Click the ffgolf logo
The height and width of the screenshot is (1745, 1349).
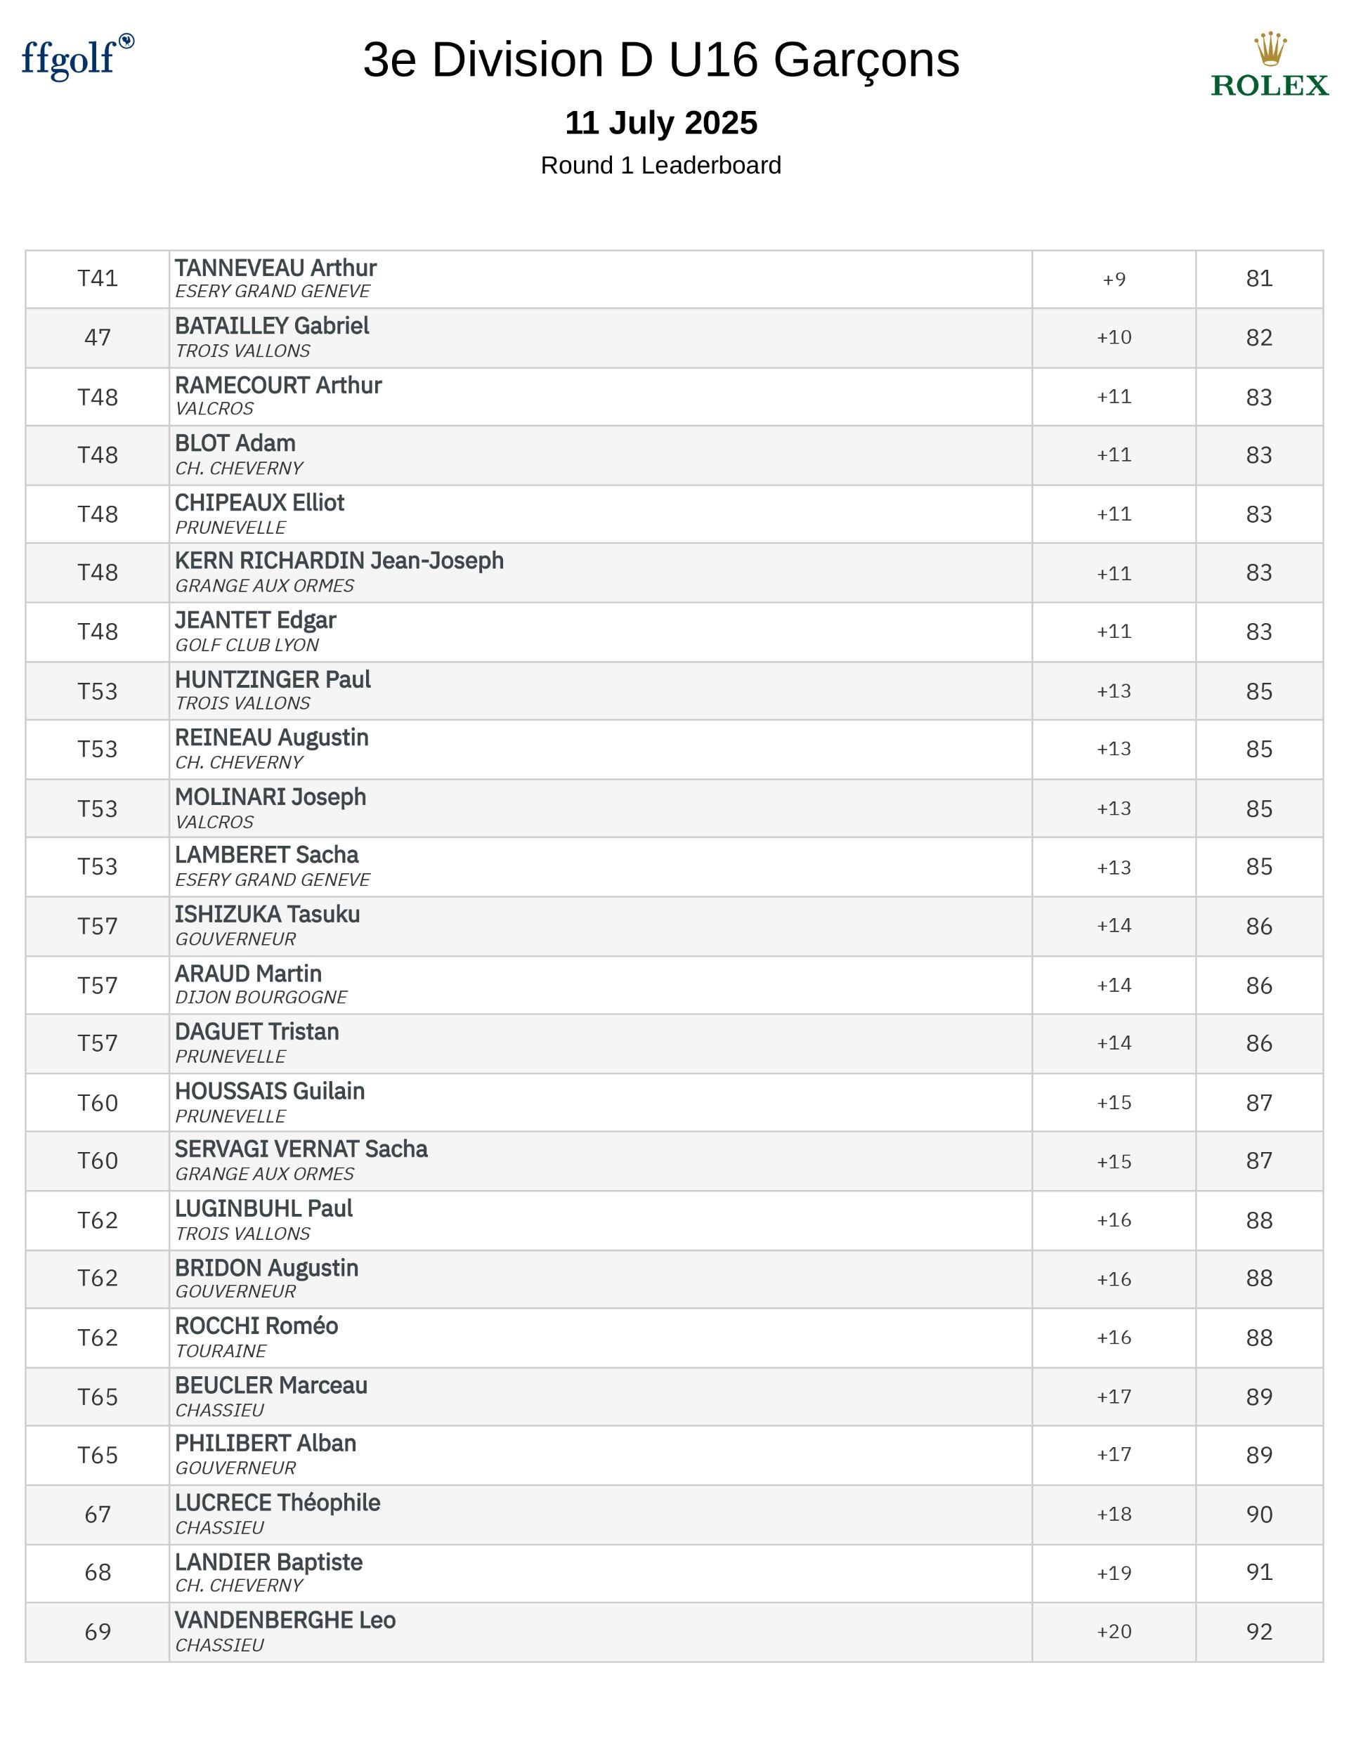pos(77,58)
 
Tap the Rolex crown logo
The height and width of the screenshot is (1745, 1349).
pos(1269,50)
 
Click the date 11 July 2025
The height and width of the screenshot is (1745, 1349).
pos(661,123)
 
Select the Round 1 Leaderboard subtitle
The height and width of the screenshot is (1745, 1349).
pos(661,165)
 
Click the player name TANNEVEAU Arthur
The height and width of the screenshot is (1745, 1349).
pos(275,268)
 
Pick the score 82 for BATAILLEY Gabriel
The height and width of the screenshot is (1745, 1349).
pos(1258,337)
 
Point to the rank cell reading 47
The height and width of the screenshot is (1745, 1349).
pos(98,337)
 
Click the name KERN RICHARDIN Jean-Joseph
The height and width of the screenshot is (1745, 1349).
pos(339,561)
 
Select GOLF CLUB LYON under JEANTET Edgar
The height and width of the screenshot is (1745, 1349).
pos(247,645)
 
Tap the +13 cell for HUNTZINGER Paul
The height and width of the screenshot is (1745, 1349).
pos(1113,691)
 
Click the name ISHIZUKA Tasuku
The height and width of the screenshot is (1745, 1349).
pos(267,914)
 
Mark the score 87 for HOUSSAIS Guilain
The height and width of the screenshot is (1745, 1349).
pos(1258,1103)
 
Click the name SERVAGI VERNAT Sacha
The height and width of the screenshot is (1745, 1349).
pos(301,1149)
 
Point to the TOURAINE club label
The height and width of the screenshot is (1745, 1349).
pos(221,1351)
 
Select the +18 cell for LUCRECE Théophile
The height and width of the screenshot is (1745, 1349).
pos(1113,1514)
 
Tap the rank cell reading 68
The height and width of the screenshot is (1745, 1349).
pos(98,1572)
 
